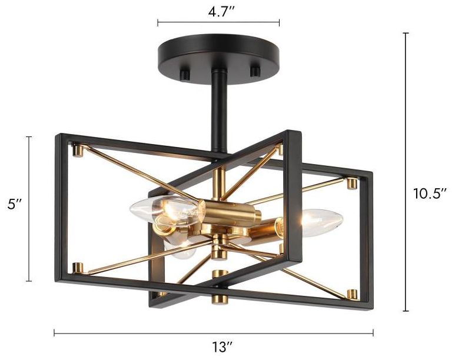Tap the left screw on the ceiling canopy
[x=184, y=74]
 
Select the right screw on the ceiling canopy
[x=255, y=71]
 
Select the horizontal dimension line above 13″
[x=213, y=334]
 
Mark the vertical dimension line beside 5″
[x=28, y=208]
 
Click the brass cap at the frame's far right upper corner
[x=353, y=184]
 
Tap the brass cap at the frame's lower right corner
[x=353, y=293]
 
